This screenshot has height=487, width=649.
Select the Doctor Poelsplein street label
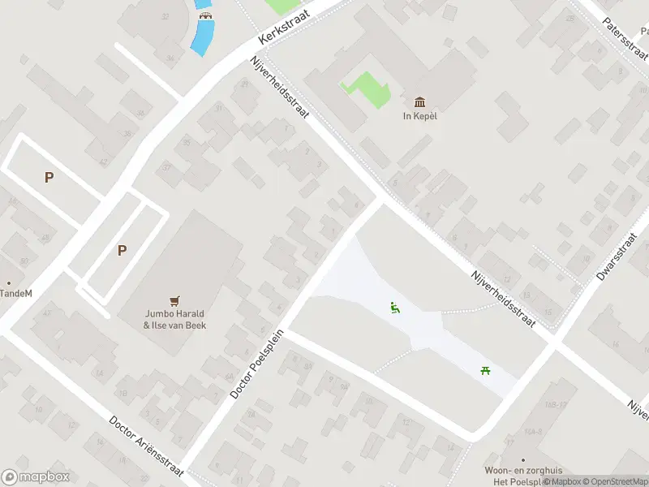[x=258, y=363]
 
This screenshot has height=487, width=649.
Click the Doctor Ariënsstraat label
[x=147, y=447]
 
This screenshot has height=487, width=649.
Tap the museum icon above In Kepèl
[x=419, y=101]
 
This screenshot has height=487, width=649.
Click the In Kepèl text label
[x=420, y=115]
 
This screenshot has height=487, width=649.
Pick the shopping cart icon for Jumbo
[x=174, y=300]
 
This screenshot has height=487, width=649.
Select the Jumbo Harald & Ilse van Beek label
[x=174, y=320]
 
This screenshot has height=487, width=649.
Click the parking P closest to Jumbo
[x=122, y=250]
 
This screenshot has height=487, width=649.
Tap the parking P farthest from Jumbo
[x=49, y=177]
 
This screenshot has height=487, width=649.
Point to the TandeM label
[x=16, y=293]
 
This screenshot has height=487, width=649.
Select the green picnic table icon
[x=485, y=371]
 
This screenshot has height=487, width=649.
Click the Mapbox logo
[x=36, y=477]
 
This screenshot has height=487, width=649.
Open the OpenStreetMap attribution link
[x=617, y=481]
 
